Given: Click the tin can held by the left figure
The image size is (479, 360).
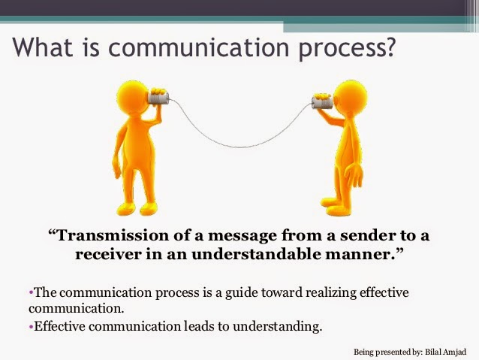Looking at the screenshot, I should point(161,98).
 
